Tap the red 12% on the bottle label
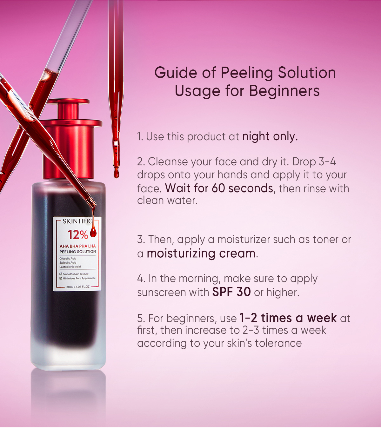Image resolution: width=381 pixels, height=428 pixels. [x=77, y=235]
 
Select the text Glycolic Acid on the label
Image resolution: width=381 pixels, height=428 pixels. [x=68, y=259]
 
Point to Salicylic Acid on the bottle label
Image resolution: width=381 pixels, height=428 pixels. [x=68, y=263]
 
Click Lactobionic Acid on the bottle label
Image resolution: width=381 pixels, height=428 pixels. [x=70, y=267]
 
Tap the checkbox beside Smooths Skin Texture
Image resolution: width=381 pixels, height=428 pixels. [x=61, y=274]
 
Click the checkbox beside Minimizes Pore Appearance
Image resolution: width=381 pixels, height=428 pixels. [x=61, y=278]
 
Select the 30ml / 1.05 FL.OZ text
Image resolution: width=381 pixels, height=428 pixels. [x=78, y=287]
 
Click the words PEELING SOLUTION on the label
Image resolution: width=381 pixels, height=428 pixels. [x=77, y=252]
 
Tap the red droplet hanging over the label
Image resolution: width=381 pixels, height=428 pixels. [x=93, y=231]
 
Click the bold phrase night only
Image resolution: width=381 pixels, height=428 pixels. [x=270, y=136]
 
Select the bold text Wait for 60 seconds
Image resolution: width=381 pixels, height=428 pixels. [x=219, y=188]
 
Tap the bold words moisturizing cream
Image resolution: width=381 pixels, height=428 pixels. [x=201, y=254]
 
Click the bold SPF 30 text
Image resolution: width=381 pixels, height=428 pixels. [x=231, y=292]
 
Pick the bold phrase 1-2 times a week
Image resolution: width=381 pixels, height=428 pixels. [x=288, y=318]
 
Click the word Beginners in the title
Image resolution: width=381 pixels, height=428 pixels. [x=284, y=91]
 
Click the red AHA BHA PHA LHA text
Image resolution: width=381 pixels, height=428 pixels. [x=77, y=246]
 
